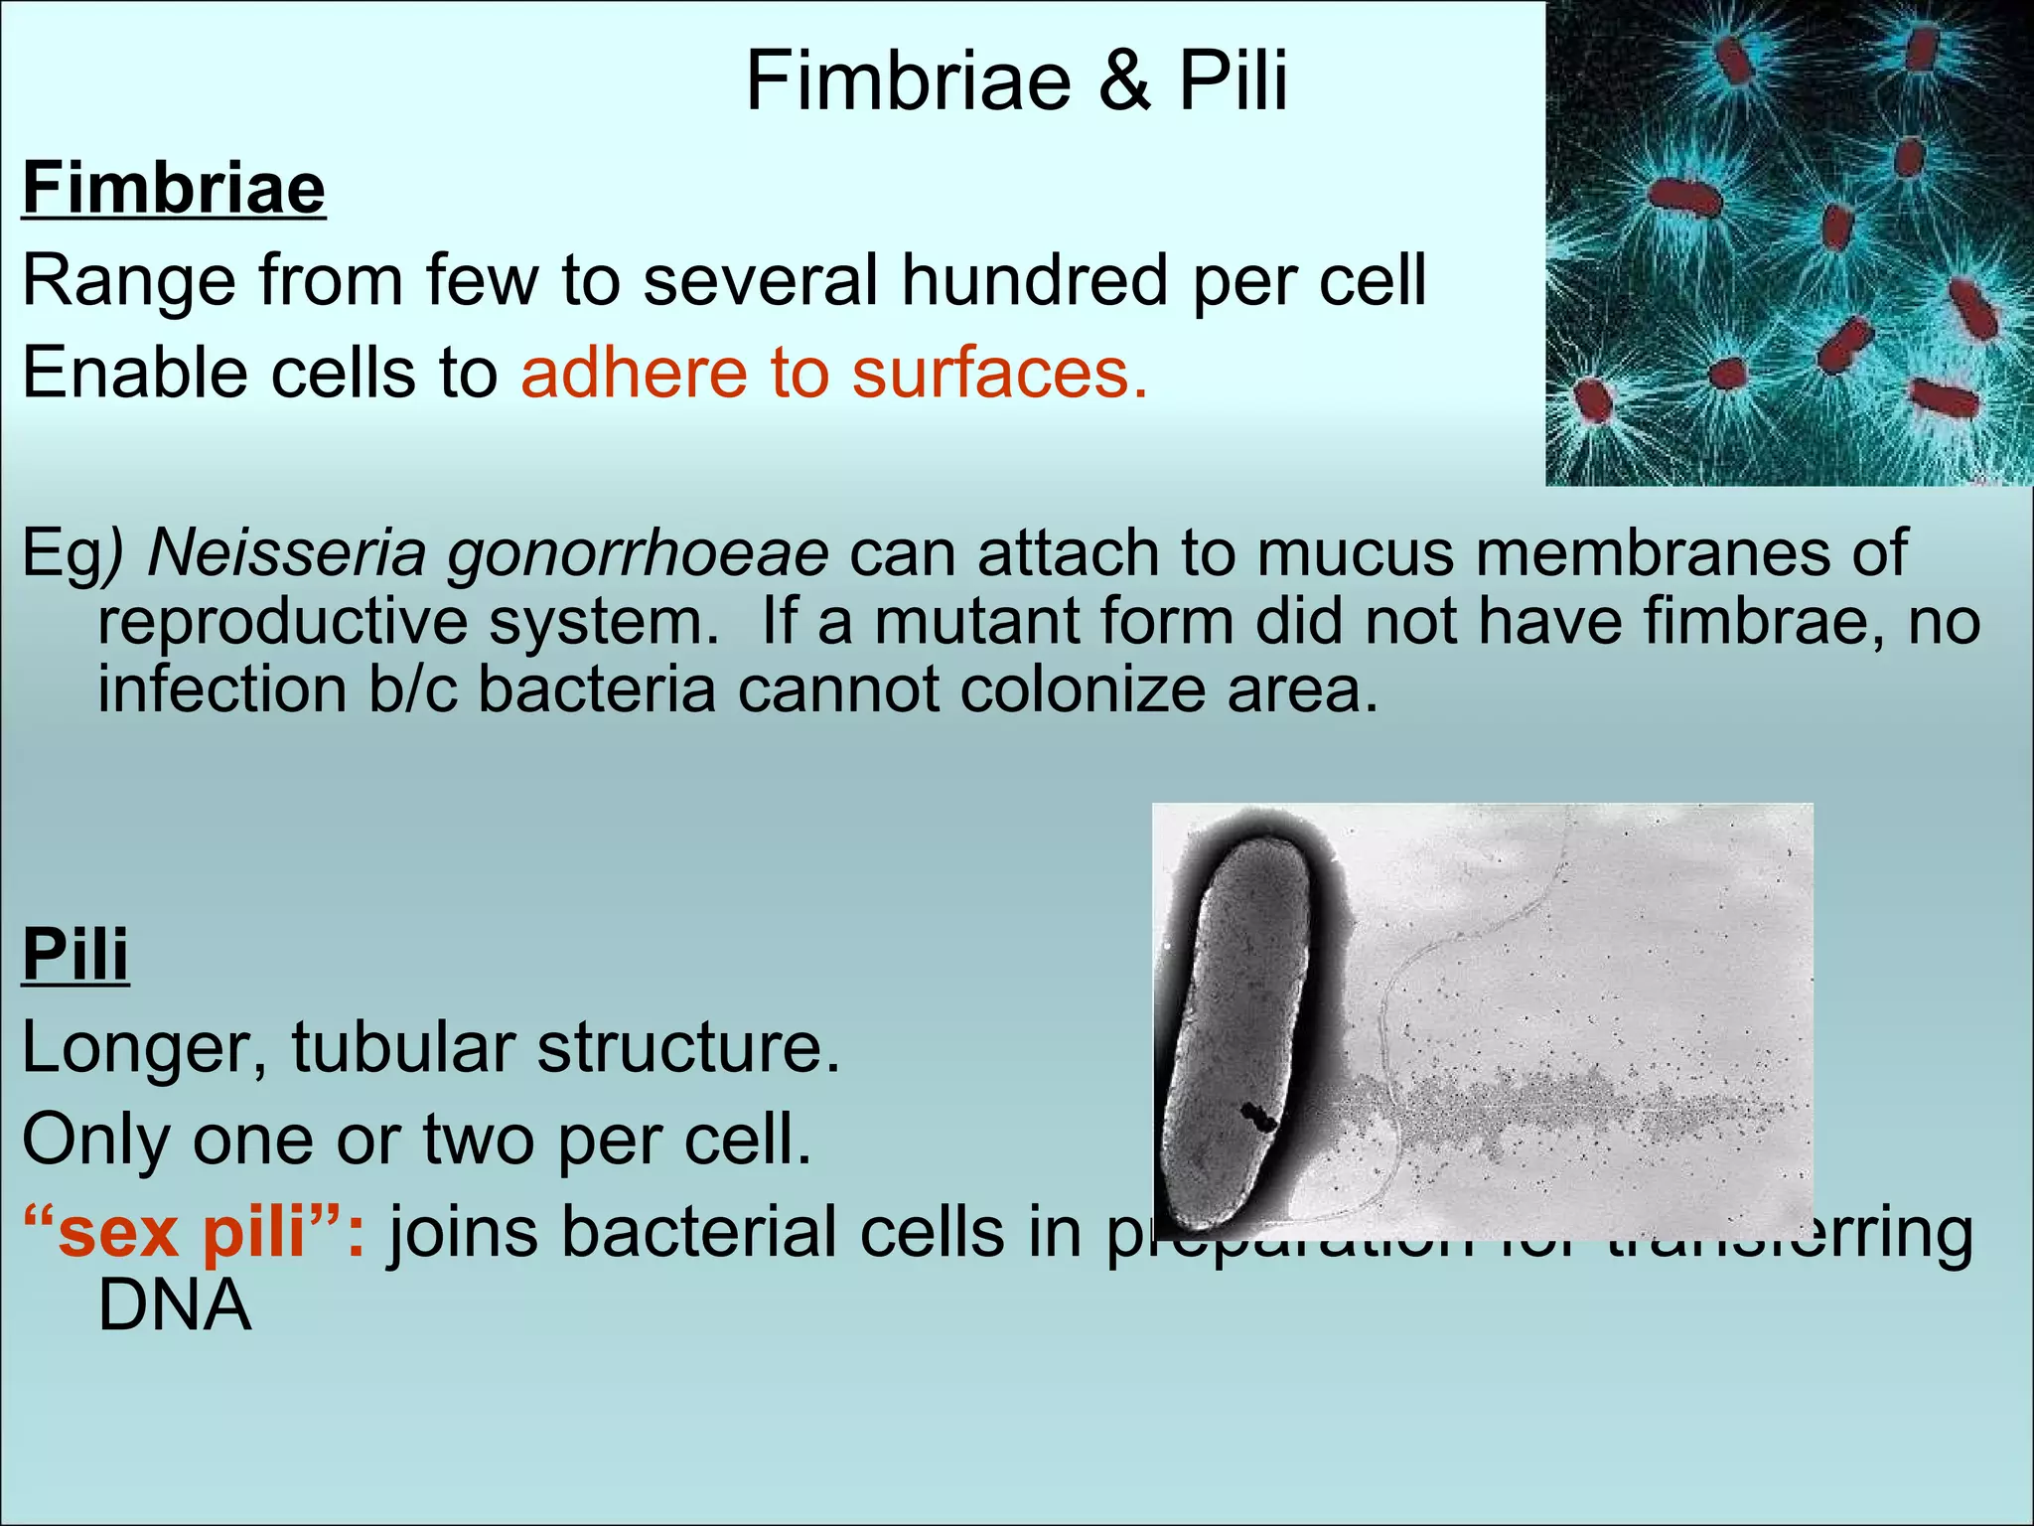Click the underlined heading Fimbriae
coord(174,188)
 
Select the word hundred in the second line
coord(1034,280)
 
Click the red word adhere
coord(634,374)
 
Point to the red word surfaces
coord(998,374)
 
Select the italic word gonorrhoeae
coord(637,554)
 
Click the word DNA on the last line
coord(174,1305)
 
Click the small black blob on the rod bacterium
coord(1257,1117)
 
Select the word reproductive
coord(282,624)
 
